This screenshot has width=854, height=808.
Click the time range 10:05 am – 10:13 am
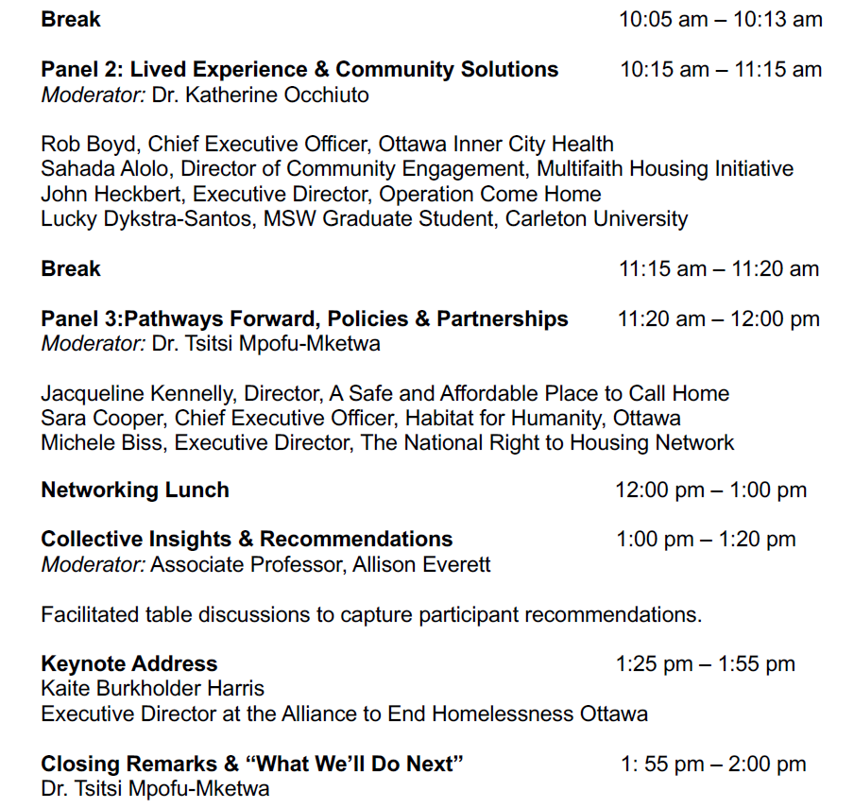[720, 20]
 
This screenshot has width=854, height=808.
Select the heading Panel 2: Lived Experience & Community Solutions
[299, 70]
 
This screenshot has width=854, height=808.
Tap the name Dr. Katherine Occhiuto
[260, 95]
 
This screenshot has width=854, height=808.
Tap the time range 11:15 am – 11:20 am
[718, 269]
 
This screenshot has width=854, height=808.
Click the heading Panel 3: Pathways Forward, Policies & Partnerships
[304, 319]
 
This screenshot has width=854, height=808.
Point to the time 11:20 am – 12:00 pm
[718, 319]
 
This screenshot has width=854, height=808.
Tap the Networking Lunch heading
[135, 490]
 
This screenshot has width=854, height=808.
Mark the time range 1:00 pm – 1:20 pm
[706, 540]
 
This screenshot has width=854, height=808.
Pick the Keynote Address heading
[129, 664]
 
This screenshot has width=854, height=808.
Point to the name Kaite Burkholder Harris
[152, 689]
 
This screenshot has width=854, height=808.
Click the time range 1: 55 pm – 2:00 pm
[713, 765]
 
